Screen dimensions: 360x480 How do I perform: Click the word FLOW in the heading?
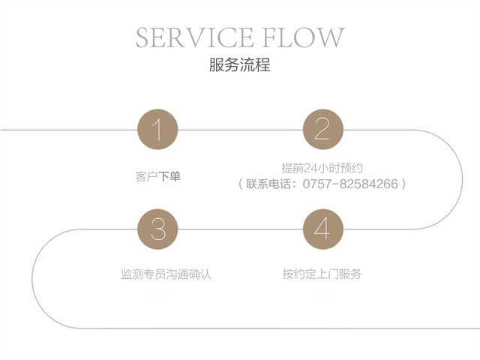[x=310, y=37]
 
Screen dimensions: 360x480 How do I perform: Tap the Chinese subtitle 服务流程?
[x=239, y=65]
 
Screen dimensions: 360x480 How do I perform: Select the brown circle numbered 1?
[x=157, y=129]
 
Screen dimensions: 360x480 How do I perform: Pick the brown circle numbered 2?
[x=322, y=129]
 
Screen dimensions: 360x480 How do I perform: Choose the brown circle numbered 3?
[x=157, y=229]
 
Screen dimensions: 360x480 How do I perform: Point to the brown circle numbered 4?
[x=322, y=229]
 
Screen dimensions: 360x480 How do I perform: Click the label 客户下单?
[x=157, y=177]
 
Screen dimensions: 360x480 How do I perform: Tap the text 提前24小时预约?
[x=322, y=168]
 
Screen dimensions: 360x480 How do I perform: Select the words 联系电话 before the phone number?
[x=268, y=183]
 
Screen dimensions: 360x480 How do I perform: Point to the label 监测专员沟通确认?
[x=166, y=274]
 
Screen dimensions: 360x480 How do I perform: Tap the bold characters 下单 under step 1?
[x=169, y=177]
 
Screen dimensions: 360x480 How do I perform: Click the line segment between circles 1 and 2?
[x=240, y=129]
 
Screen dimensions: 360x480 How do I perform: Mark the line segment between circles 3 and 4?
[x=240, y=229]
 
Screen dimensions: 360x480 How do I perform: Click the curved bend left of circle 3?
[x=34, y=278]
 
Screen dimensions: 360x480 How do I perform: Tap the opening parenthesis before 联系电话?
[x=241, y=183]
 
